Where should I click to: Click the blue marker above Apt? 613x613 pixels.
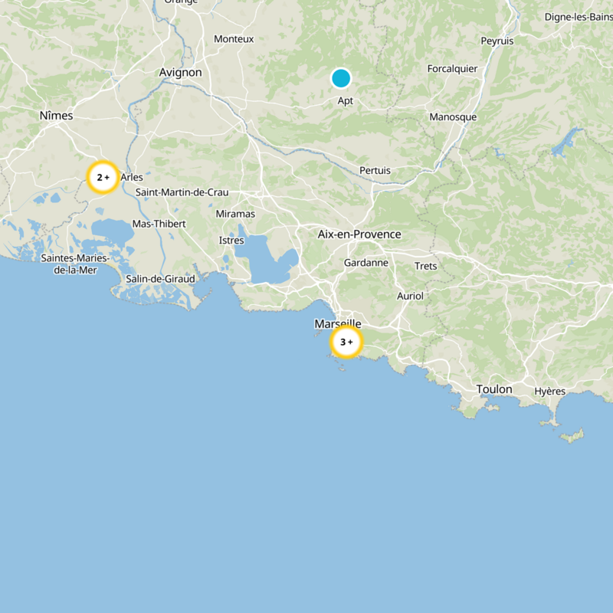(x=341, y=78)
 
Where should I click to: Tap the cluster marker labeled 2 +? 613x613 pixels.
(x=102, y=177)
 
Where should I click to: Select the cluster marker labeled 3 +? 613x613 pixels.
(x=346, y=342)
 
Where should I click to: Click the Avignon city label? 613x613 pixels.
(x=180, y=72)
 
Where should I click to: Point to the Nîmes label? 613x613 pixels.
(x=56, y=115)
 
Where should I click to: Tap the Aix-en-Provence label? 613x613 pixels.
(x=359, y=234)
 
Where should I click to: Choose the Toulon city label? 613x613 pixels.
(x=494, y=389)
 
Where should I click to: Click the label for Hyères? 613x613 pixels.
(x=550, y=391)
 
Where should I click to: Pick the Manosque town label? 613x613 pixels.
(x=453, y=117)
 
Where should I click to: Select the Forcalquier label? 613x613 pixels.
(x=452, y=69)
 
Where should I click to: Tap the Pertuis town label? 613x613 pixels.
(x=375, y=170)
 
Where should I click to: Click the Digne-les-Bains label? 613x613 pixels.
(x=578, y=17)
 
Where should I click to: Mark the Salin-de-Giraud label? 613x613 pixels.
(x=160, y=279)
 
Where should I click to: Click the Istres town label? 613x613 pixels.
(x=231, y=241)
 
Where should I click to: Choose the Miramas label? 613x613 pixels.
(x=235, y=214)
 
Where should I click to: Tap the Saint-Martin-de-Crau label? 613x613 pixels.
(x=182, y=192)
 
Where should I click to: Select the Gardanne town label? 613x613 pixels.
(x=366, y=263)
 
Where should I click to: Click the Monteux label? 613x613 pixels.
(x=234, y=38)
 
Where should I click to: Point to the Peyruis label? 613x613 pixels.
(x=497, y=41)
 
